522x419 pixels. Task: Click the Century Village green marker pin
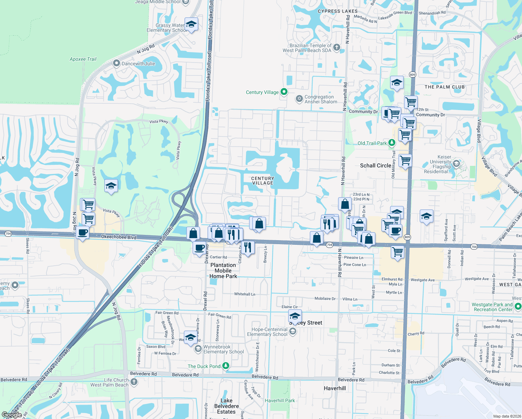(284, 92)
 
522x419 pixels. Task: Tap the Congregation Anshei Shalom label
(321, 100)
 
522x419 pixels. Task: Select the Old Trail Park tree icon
(392, 143)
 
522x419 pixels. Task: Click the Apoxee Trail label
(83, 59)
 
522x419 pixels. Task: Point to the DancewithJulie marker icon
(117, 64)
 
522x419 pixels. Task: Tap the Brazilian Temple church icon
(336, 47)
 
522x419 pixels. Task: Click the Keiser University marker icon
(456, 163)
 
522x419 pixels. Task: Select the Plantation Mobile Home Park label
(223, 271)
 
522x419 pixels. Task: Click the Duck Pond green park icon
(226, 366)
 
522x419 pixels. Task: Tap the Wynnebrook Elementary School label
(223, 349)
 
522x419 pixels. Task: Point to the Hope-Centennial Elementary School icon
(293, 331)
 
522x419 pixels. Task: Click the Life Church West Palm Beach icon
(134, 382)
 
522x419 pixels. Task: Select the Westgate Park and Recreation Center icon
(518, 306)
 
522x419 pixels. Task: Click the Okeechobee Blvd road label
(119, 237)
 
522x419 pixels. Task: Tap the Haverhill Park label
(280, 400)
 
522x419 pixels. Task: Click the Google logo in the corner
(12, 414)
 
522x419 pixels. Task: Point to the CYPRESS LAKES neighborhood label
(337, 11)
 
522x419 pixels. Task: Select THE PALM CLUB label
(445, 87)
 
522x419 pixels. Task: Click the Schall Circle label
(375, 166)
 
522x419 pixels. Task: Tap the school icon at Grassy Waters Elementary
(191, 24)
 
